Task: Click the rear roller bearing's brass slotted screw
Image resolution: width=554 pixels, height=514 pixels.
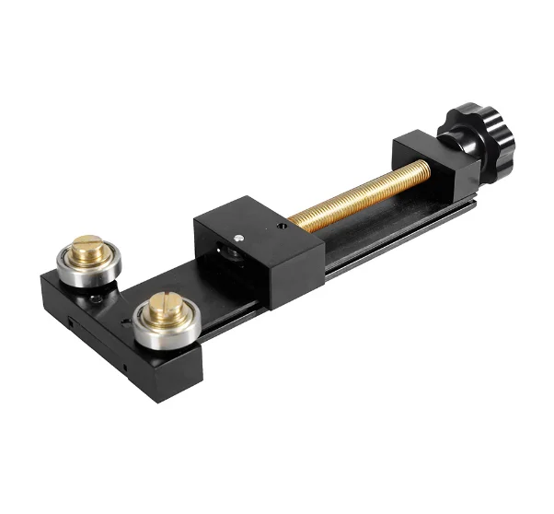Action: tap(89, 247)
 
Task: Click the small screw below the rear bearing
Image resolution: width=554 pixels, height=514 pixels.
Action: tap(95, 296)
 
